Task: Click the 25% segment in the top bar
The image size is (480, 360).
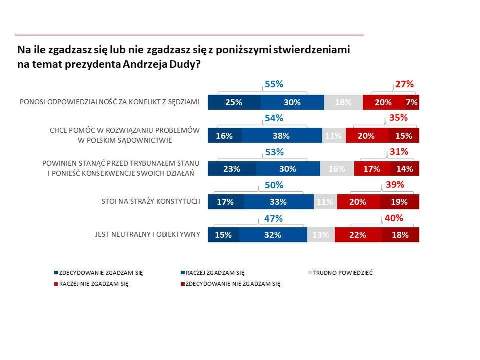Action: tap(234, 102)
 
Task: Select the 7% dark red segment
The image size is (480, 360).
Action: tap(412, 102)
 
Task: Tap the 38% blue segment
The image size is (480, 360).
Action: tap(282, 136)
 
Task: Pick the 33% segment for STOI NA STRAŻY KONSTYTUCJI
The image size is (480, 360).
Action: tap(278, 202)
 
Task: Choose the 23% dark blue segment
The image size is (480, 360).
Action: tap(231, 169)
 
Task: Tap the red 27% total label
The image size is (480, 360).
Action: tap(404, 85)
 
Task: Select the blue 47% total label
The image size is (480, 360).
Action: tap(274, 218)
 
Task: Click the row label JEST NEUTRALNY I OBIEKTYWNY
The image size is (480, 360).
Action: tap(147, 234)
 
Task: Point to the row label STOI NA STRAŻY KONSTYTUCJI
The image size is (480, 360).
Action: tap(150, 202)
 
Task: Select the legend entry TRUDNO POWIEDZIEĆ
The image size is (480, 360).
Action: tap(343, 273)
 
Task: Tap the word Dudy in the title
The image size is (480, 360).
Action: tap(185, 65)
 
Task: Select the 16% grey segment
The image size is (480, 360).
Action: tap(337, 169)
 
